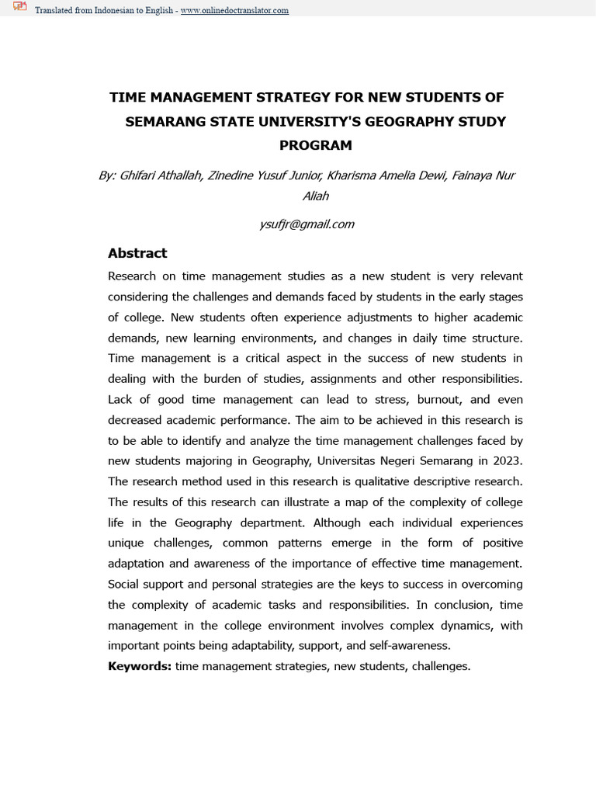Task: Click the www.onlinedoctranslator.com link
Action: click(234, 11)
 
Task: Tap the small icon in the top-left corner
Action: click(19, 9)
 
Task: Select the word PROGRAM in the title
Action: click(315, 145)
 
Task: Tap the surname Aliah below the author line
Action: click(315, 196)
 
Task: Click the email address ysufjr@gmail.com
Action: click(307, 224)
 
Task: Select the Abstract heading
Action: click(137, 253)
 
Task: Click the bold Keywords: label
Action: click(140, 665)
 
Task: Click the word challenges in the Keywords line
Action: click(440, 665)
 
